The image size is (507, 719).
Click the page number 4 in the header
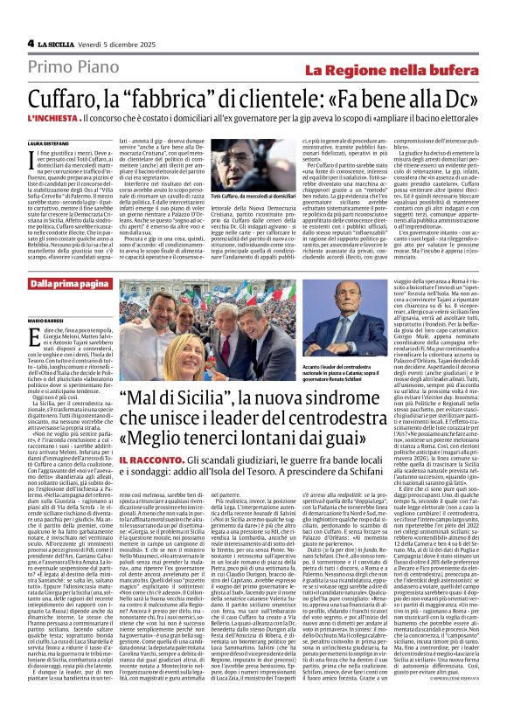[30, 43]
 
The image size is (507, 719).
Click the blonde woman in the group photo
[178, 358]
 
